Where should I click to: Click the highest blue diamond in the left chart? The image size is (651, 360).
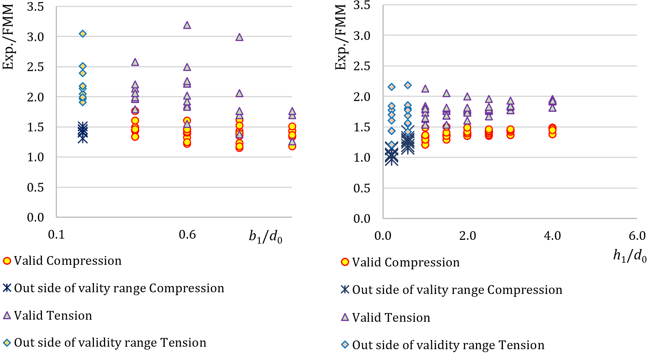(83, 34)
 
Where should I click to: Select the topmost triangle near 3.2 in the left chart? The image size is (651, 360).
(187, 25)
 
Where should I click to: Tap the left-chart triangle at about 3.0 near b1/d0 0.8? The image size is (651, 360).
(239, 37)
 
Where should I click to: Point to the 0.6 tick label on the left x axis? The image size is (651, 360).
(187, 235)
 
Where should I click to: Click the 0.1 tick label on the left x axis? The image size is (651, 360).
(57, 235)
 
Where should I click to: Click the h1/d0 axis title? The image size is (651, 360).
(630, 256)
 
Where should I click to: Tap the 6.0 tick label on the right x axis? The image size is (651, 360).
(637, 236)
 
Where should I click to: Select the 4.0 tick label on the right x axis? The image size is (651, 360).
(552, 236)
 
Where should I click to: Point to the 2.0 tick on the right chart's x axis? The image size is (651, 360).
(467, 236)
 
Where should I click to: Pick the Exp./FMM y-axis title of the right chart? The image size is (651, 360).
(341, 37)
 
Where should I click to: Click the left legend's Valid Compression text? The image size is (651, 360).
(68, 261)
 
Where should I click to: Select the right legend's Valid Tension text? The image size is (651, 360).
(391, 318)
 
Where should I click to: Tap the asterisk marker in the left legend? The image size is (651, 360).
(7, 288)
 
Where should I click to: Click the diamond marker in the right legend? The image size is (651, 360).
(345, 345)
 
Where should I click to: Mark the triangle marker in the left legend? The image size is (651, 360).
(7, 316)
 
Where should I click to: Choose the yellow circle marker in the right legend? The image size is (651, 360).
(345, 262)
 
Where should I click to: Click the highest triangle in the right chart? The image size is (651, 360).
(425, 89)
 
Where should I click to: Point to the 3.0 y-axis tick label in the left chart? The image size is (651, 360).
(36, 37)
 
